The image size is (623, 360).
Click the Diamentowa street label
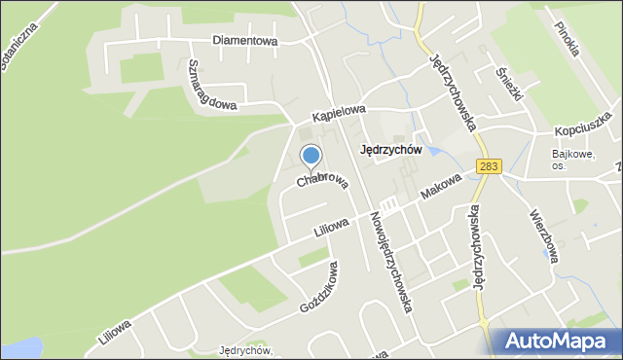click(x=246, y=41)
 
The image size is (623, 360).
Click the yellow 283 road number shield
click(x=489, y=167)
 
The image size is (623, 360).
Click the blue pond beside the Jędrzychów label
click(x=432, y=151)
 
